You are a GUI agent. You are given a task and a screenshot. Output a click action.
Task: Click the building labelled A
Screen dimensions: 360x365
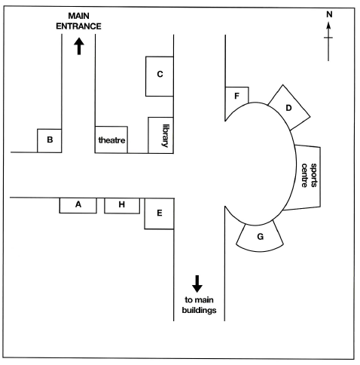[x=78, y=205]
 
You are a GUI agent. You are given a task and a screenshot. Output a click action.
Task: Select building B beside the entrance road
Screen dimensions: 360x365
[x=50, y=140]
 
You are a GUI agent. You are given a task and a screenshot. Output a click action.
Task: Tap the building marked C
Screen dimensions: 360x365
[x=160, y=76]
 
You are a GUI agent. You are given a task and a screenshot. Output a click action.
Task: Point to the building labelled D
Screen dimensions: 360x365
[x=289, y=108]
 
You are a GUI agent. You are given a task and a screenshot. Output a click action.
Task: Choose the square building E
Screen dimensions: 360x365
[x=159, y=213]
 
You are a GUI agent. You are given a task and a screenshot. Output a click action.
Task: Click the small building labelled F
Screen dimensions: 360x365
[x=236, y=100]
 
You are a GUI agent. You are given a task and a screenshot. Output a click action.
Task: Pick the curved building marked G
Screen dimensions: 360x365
[x=260, y=237]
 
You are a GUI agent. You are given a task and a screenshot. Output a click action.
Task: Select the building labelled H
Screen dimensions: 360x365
[x=122, y=206]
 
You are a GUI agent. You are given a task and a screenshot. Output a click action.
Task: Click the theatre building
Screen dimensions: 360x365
[x=111, y=140]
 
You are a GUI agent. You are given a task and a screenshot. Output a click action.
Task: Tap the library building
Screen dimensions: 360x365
[x=160, y=135]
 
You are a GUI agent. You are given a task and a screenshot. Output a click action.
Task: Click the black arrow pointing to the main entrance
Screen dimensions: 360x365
[x=79, y=46]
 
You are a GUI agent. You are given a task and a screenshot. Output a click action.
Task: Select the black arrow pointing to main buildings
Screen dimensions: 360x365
[x=197, y=284]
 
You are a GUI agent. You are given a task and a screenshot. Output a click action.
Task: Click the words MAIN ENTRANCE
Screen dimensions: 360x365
[x=78, y=21]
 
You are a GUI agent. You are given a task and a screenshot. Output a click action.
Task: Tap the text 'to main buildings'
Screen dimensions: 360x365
[x=199, y=305]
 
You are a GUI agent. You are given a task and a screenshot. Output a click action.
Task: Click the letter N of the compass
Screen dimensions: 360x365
[x=329, y=14]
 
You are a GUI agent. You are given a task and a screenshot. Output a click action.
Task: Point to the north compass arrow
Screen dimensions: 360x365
[x=328, y=41]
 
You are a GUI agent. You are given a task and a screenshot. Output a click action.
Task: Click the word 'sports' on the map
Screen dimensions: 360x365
[x=314, y=175]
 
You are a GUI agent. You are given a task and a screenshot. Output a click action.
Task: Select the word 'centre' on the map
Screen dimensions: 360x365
[x=304, y=175]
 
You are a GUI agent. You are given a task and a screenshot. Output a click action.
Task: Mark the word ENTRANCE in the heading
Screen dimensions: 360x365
[x=78, y=26]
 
